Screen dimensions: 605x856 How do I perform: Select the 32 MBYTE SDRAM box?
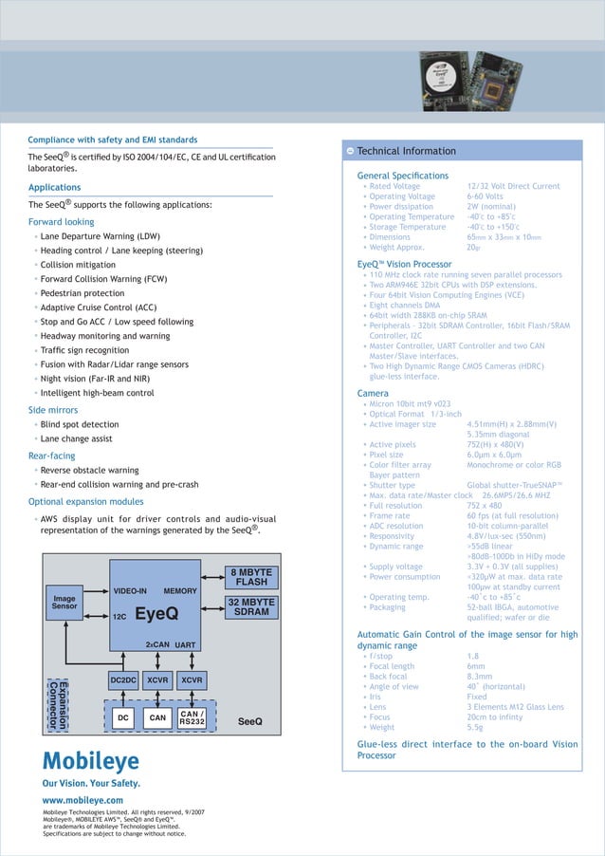click(252, 607)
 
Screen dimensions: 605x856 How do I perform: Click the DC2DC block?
click(123, 680)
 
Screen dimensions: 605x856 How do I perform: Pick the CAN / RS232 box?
click(192, 718)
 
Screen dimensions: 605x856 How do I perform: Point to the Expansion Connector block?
click(59, 703)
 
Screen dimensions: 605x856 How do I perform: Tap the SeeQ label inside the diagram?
click(250, 721)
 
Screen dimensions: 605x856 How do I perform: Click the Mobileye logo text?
click(90, 761)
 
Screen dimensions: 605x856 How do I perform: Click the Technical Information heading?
click(406, 151)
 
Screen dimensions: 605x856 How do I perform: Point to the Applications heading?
click(54, 188)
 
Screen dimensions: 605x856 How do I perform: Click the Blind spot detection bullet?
click(80, 424)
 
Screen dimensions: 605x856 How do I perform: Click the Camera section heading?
click(373, 393)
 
